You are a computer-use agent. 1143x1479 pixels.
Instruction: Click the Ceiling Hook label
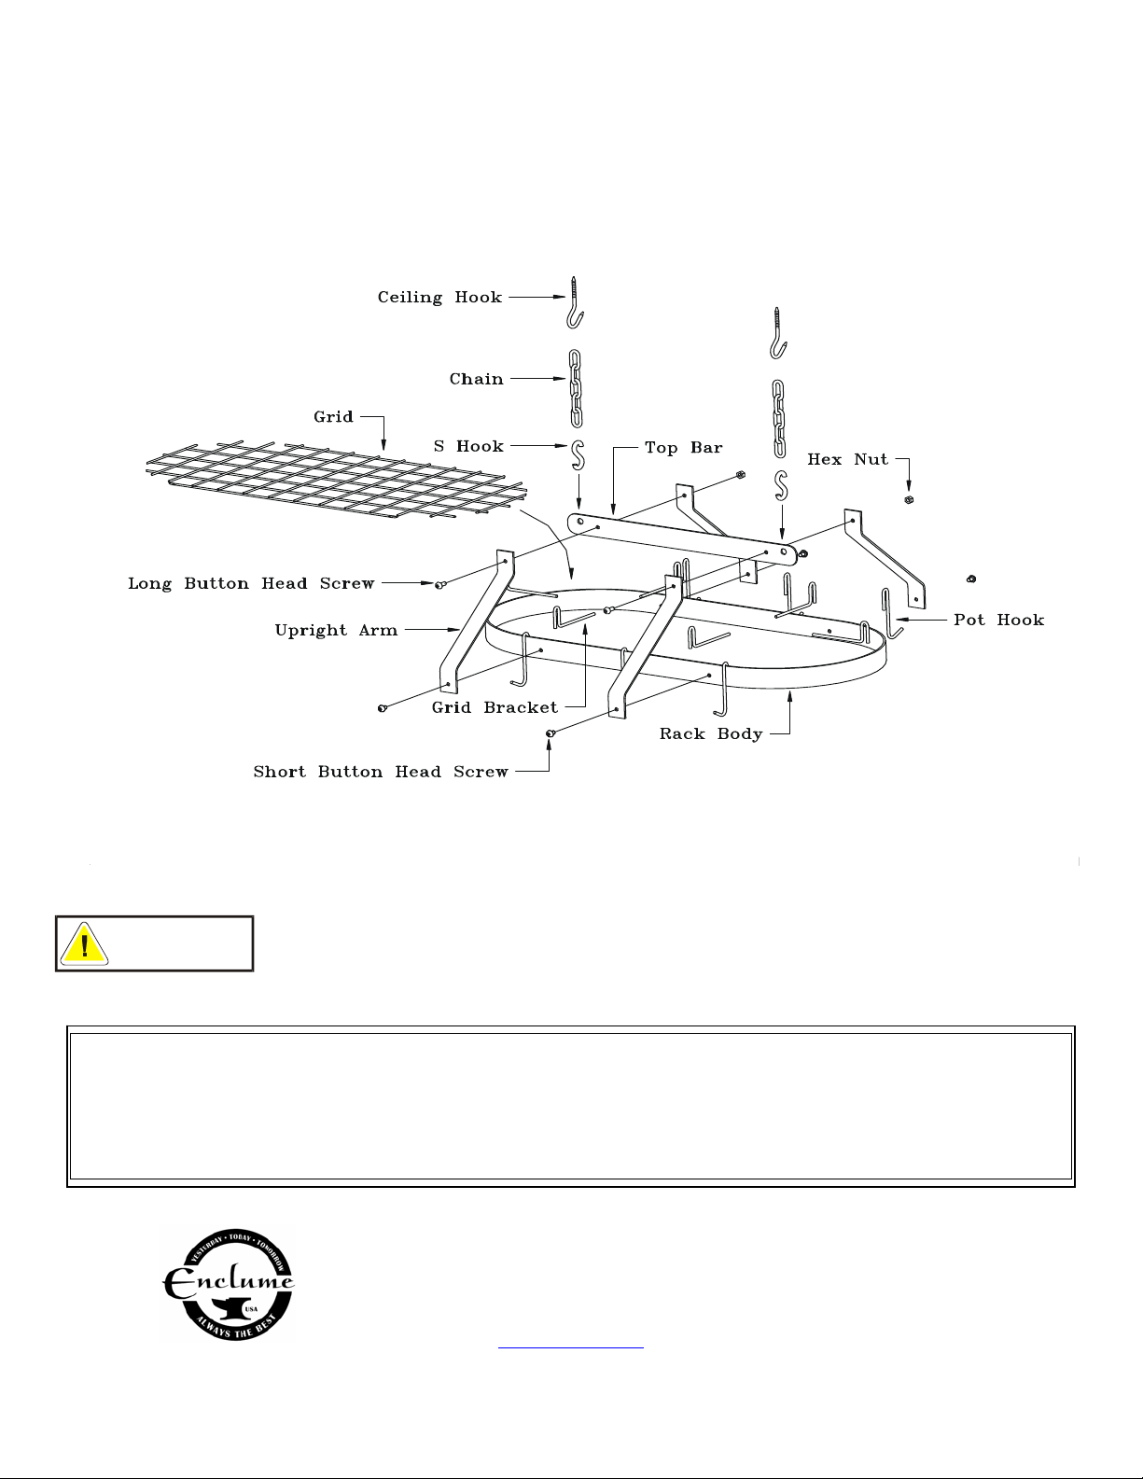coord(439,298)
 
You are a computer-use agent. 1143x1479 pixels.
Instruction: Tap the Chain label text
coord(476,379)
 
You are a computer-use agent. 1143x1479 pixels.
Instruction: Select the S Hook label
coord(468,446)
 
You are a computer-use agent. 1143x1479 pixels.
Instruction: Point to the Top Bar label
coord(684,448)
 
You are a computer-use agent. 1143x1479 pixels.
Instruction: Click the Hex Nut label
coord(848,459)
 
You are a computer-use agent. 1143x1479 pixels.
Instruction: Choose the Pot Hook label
coord(998,620)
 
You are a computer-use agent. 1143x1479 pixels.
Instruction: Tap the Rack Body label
coord(711,733)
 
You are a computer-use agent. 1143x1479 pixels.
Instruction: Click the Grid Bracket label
coord(495,708)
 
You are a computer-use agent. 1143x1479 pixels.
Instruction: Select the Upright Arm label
coord(336,630)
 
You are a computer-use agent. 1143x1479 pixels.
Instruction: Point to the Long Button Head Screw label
coord(251,584)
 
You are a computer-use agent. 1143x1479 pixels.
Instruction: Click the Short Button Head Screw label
coord(381,772)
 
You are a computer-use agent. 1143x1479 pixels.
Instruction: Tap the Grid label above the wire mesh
coord(333,416)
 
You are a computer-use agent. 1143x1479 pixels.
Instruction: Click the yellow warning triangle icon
coord(84,944)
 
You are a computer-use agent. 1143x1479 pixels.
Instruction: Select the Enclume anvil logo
coord(228,1285)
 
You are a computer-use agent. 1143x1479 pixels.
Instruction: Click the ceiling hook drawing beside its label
coord(576,303)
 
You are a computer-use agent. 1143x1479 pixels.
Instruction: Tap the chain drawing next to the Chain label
coord(576,388)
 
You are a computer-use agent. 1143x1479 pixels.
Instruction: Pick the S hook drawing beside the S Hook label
coord(578,455)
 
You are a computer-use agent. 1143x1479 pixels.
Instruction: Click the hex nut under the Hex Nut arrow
coord(909,500)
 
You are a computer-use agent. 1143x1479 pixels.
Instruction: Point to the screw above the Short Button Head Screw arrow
coord(551,733)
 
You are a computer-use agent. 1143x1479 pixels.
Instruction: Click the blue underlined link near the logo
coord(571,1346)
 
